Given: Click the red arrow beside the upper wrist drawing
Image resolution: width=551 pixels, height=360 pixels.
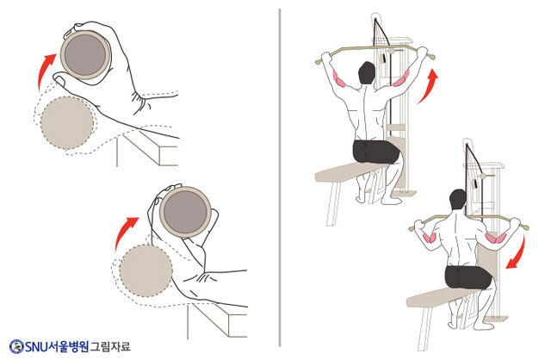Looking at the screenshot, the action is [44, 71].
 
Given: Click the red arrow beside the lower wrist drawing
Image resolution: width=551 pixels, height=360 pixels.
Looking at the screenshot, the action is [122, 232].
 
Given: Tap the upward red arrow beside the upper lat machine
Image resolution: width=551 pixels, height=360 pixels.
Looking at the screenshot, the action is [429, 85].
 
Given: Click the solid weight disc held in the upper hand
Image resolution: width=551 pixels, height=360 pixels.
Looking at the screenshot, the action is [85, 54].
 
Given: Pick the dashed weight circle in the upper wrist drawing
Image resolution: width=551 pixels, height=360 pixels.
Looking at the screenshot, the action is [67, 122].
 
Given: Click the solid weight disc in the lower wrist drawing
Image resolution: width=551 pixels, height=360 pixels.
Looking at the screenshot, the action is [185, 212].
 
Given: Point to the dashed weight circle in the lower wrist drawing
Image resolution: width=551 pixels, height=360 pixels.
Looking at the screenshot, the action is [145, 270].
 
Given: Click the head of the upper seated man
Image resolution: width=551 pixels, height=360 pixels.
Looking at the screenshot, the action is [367, 73].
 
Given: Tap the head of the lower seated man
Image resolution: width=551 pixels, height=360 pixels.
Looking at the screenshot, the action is [458, 201].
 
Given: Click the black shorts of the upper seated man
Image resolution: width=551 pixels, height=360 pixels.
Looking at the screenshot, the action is [375, 152].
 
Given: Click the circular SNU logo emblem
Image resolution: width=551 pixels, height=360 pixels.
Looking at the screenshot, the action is [16, 346].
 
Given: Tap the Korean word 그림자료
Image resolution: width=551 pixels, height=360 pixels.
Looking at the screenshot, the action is [110, 346].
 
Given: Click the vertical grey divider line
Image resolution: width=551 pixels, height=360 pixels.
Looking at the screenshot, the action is [280, 177].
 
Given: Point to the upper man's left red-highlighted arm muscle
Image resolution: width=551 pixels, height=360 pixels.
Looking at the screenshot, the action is [337, 78].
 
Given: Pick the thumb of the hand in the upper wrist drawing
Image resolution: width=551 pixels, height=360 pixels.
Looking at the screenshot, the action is [59, 79].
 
